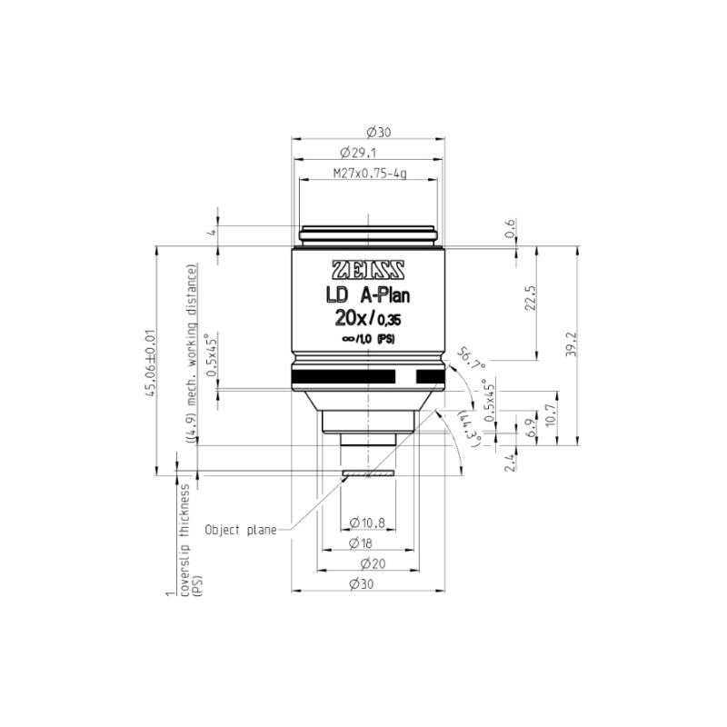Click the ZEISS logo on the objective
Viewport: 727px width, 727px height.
point(368,270)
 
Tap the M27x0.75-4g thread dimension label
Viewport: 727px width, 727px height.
point(370,174)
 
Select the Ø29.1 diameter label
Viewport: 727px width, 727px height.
point(358,153)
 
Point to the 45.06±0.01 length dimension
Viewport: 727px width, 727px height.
point(150,363)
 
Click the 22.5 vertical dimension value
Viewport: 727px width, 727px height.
point(531,298)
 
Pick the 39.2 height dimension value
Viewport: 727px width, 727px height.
point(572,344)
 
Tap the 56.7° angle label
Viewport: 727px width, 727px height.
point(471,358)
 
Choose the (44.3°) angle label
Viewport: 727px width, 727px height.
point(470,429)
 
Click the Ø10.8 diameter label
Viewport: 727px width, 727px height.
point(367,523)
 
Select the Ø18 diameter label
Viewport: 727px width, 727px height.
point(360,543)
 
